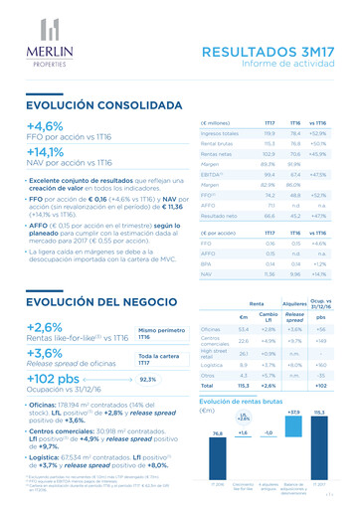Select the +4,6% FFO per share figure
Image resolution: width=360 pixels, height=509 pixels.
pos(45,126)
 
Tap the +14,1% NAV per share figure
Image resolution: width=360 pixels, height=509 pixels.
pos(47,152)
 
